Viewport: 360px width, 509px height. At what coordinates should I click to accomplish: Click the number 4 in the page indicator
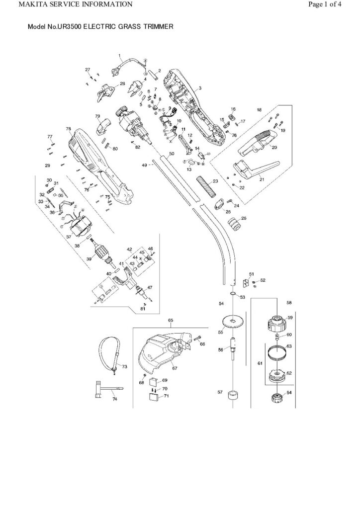[339, 4]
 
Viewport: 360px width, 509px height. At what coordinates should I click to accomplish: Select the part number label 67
[175, 368]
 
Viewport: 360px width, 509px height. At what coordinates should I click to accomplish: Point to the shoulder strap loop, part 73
[109, 354]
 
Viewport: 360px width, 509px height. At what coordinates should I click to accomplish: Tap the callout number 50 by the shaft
[172, 153]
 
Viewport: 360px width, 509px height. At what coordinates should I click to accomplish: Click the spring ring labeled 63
[278, 352]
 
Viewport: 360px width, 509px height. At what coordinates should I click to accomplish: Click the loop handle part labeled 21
[255, 169]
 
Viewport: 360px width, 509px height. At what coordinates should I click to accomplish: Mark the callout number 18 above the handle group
[259, 110]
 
